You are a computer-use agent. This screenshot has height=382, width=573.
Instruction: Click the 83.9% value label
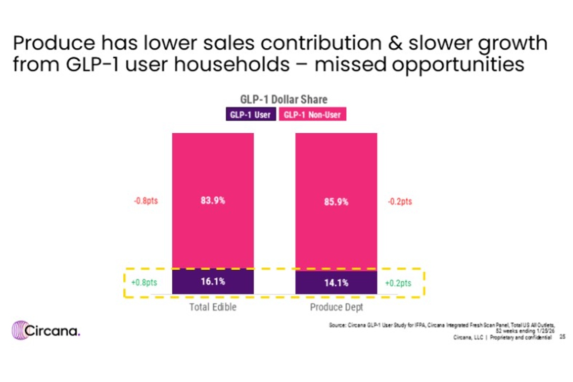coord(213,201)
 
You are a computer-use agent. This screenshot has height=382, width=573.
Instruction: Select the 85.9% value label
coord(336,202)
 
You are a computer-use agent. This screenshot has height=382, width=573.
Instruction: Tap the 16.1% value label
coord(213,281)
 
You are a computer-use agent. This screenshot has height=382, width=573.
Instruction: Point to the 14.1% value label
coord(336,283)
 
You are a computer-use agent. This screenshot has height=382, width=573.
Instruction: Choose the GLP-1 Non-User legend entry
coord(312,115)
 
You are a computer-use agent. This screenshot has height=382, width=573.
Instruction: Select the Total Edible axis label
coord(213,307)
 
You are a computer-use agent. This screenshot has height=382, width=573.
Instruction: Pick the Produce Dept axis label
coord(336,307)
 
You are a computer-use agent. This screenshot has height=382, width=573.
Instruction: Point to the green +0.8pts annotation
coord(144,283)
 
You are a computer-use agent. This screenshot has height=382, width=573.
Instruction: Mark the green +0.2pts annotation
coord(398,283)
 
